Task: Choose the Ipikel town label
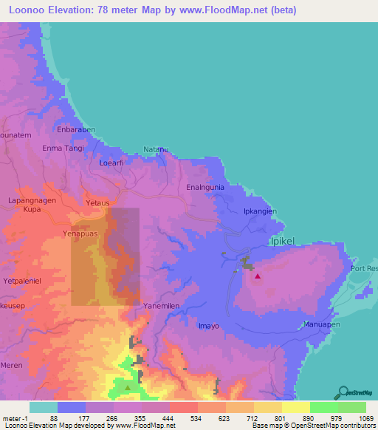point(285,242)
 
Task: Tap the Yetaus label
point(97,202)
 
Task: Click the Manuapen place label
point(324,325)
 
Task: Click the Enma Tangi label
point(64,149)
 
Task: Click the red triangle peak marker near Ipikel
point(257,277)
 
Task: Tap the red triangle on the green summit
point(128,386)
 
